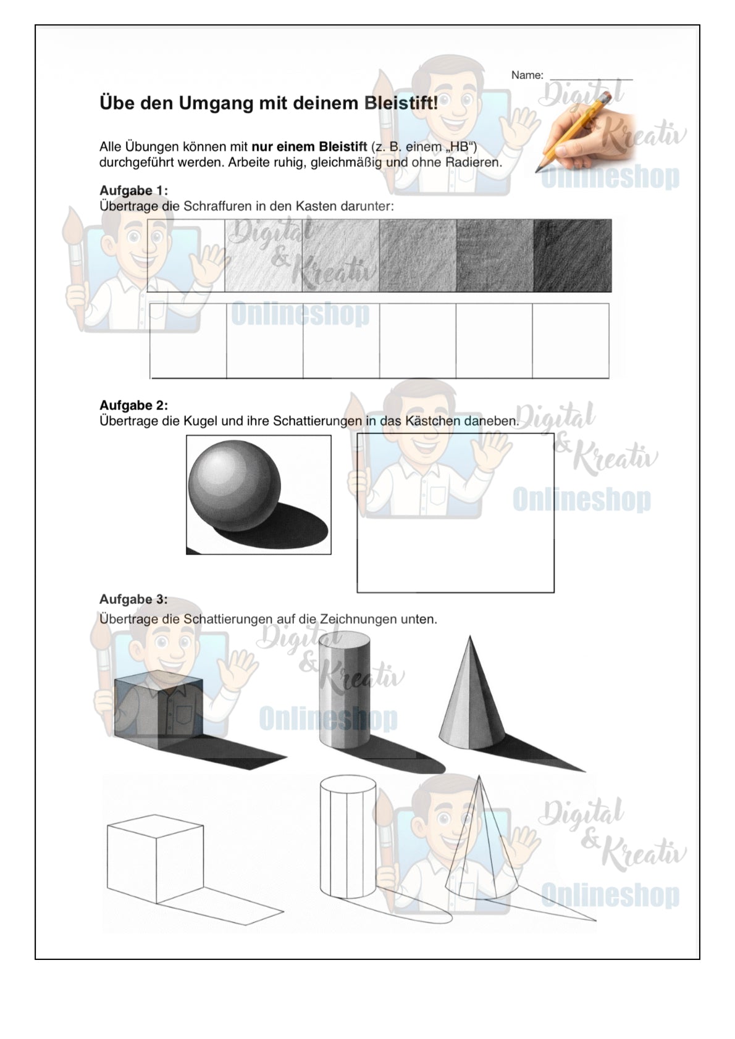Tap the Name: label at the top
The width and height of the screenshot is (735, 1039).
tap(527, 75)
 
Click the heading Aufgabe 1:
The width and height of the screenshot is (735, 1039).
tap(133, 190)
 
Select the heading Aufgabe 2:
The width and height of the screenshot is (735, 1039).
tap(133, 406)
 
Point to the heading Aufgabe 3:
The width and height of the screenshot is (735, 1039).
tap(133, 599)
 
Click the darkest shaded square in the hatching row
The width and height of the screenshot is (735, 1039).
tap(572, 256)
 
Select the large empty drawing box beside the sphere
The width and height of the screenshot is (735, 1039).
tap(455, 513)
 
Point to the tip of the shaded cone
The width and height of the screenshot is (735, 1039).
tap(470, 638)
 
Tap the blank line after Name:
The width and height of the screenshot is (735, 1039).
tap(591, 78)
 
